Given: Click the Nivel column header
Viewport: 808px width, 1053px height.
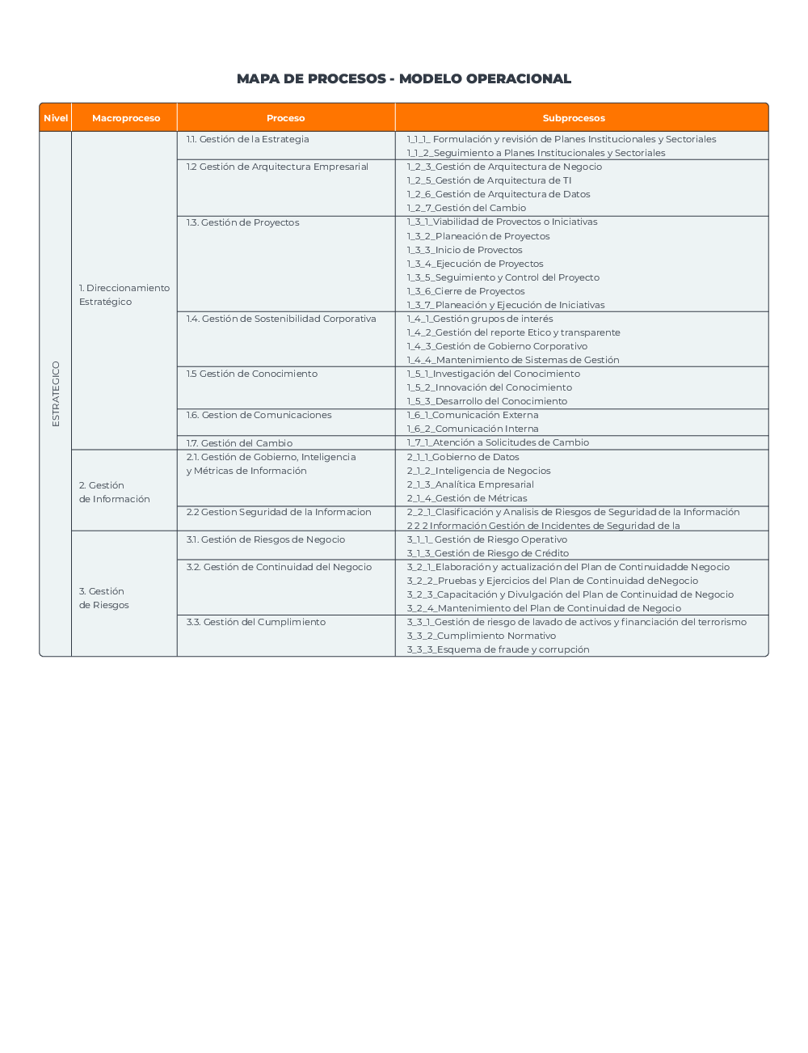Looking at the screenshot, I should click(56, 118).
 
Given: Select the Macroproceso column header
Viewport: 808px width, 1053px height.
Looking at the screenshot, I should click(126, 118).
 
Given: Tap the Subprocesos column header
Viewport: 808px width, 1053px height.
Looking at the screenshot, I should click(574, 118).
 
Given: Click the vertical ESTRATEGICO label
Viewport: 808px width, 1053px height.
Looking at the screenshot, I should click(56, 394).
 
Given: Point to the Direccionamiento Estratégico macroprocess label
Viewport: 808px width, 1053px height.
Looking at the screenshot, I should click(124, 294).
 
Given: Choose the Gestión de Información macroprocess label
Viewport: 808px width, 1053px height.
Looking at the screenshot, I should click(115, 492).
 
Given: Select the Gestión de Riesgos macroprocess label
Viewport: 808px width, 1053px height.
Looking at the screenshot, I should click(104, 598).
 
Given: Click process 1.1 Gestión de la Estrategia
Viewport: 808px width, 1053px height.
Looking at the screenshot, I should click(247, 139).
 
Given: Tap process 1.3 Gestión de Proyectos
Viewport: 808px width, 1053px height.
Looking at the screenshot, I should click(242, 222).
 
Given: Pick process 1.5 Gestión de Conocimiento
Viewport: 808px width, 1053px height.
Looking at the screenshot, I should click(251, 374).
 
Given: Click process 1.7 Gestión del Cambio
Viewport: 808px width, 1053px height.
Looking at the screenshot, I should click(239, 443).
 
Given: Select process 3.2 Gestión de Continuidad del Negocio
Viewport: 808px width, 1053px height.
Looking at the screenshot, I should click(279, 567).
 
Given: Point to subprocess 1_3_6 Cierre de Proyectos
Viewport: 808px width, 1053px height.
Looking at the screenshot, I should click(465, 291).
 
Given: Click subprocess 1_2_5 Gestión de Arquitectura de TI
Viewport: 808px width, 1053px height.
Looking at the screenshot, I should click(489, 180).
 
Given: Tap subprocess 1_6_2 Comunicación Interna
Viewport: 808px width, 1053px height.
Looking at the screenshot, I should click(473, 429).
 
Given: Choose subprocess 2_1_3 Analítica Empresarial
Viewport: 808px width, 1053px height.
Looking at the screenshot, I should click(470, 484).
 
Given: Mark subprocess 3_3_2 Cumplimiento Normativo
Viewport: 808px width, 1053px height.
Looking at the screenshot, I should click(481, 636).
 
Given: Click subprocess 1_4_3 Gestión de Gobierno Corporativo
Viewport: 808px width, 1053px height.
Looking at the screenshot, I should click(497, 346).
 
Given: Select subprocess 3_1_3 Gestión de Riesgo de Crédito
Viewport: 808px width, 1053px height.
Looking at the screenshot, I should click(487, 553).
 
